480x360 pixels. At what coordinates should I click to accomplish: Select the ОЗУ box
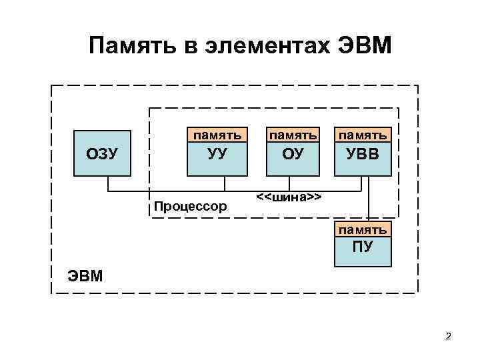[102, 153]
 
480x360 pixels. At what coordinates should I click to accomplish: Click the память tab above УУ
[217, 135]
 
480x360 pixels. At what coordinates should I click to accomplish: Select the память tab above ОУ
[292, 135]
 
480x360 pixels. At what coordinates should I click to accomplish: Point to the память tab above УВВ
[363, 135]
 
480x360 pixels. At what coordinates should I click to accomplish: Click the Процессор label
[190, 206]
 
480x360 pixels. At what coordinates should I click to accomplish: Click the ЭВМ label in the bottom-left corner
[85, 275]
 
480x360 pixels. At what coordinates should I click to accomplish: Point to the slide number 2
[449, 336]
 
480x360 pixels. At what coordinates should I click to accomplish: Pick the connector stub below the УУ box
[225, 183]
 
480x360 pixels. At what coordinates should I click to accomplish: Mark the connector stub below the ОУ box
[289, 183]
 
